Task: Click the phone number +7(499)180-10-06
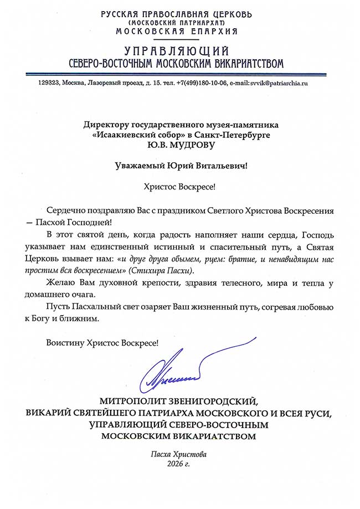point(193,83)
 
